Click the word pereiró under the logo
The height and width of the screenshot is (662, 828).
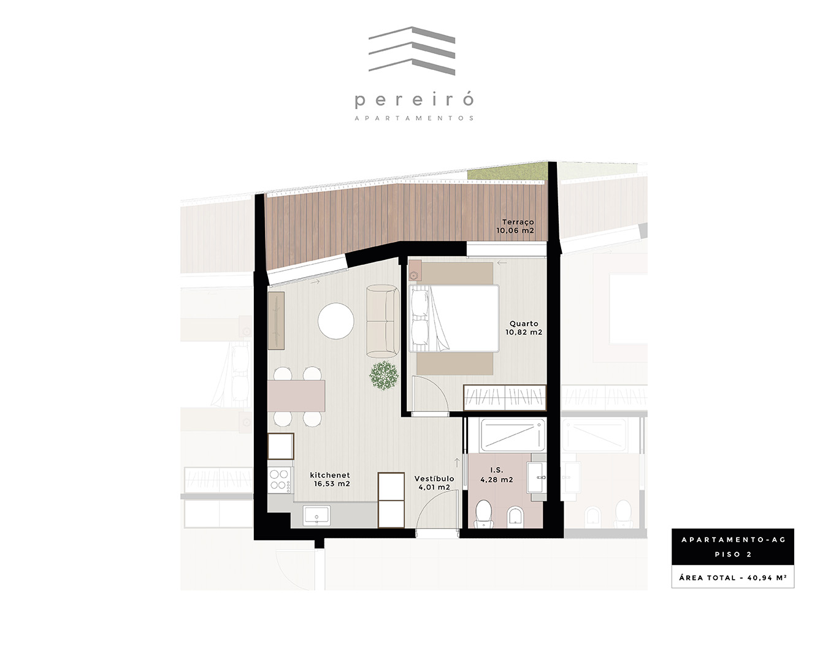(414, 100)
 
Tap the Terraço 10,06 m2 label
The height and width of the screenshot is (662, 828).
(515, 226)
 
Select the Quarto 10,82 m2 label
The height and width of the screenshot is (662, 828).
(524, 328)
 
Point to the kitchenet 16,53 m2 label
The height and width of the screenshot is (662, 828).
(331, 479)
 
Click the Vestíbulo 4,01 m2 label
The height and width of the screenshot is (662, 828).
(434, 483)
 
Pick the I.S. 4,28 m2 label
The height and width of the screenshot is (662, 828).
(497, 474)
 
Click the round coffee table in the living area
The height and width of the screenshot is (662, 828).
(336, 321)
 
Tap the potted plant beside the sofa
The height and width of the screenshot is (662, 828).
(383, 375)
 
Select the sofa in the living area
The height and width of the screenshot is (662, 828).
(383, 321)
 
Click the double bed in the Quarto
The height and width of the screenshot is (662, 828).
(454, 318)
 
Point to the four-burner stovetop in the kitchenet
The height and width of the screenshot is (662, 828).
(280, 480)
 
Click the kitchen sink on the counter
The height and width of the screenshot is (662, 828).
(316, 516)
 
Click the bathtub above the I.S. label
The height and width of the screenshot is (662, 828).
(513, 435)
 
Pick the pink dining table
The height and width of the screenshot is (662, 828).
(296, 395)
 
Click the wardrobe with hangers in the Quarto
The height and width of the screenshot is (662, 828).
(505, 397)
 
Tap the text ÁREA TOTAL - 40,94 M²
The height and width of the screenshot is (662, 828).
(732, 578)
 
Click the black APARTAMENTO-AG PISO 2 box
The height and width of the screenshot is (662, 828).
(732, 547)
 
